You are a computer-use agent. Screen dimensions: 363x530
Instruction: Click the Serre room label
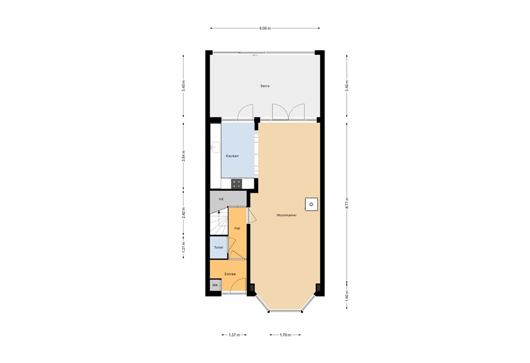(265, 86)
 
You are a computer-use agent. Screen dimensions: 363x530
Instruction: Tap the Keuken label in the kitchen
(232, 156)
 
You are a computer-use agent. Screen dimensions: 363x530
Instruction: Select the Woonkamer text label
(286, 215)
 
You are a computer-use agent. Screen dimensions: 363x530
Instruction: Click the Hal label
(238, 228)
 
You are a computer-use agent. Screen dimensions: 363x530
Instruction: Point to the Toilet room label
(218, 248)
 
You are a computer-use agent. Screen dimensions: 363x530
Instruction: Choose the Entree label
(230, 274)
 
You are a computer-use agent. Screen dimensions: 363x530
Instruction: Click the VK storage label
(221, 199)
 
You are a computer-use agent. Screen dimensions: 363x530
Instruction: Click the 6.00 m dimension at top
(265, 28)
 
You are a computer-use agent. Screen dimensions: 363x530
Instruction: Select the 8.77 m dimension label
(347, 203)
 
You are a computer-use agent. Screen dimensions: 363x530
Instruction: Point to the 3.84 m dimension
(184, 156)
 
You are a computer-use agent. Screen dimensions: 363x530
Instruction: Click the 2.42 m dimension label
(184, 213)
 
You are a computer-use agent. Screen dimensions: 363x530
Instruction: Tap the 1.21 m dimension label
(184, 247)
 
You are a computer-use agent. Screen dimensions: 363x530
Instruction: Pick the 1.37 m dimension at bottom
(234, 335)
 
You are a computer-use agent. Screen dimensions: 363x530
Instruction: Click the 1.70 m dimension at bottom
(285, 335)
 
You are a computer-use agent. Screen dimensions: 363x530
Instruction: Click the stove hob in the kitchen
(237, 183)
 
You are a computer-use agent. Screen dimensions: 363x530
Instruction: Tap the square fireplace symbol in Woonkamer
(311, 204)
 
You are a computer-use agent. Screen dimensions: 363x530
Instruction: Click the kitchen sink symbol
(214, 147)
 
